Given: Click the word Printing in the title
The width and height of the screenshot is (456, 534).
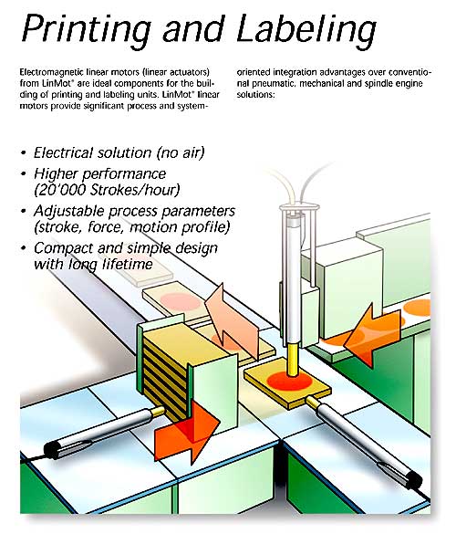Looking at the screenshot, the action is (x=87, y=29).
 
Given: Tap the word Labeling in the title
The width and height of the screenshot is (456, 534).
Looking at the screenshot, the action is (x=306, y=29).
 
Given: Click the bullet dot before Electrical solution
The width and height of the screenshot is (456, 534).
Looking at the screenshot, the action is (x=23, y=153).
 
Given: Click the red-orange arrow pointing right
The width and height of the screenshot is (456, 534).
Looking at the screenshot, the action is (x=186, y=432).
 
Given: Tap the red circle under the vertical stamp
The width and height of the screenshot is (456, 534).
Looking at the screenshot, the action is (x=289, y=381).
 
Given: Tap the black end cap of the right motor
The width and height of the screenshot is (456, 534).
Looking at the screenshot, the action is (x=414, y=480).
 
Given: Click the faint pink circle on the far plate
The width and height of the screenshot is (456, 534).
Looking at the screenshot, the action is (x=180, y=301).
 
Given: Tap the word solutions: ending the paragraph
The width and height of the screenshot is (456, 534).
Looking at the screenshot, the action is (x=256, y=95).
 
